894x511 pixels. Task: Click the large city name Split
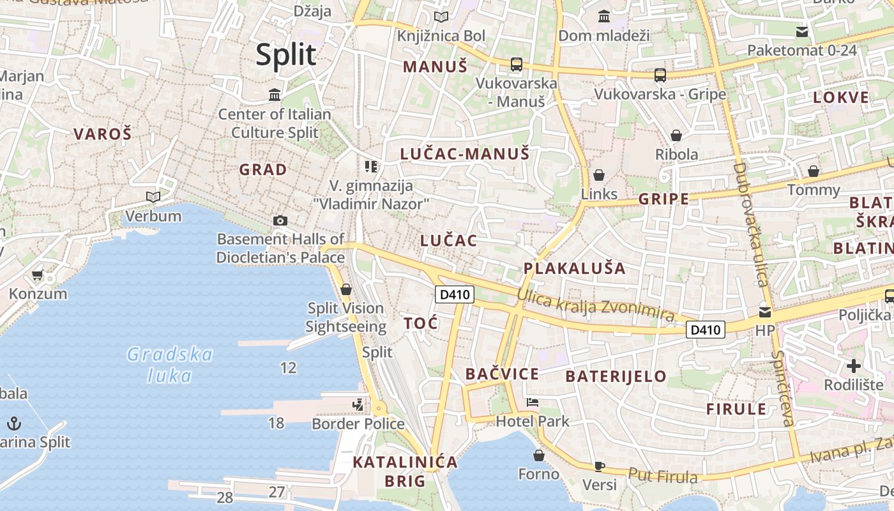(286, 55)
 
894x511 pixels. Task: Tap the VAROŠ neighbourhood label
(102, 134)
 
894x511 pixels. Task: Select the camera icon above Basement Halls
(280, 221)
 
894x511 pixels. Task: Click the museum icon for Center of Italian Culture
(275, 95)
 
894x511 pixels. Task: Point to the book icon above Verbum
(153, 197)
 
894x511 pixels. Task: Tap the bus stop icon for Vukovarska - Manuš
(516, 65)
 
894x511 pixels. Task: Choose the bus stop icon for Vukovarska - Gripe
(660, 75)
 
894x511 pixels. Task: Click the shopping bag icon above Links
(599, 175)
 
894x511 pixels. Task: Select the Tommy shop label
(814, 190)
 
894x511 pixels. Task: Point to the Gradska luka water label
(169, 365)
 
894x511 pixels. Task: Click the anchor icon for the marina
(13, 423)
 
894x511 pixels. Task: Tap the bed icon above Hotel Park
(533, 402)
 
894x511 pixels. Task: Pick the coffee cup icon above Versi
(599, 466)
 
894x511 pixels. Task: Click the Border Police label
(358, 423)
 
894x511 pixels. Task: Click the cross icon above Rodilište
(853, 366)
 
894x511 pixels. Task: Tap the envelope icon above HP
(764, 312)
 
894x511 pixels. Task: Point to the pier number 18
(276, 422)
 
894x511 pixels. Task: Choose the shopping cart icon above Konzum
(37, 276)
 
